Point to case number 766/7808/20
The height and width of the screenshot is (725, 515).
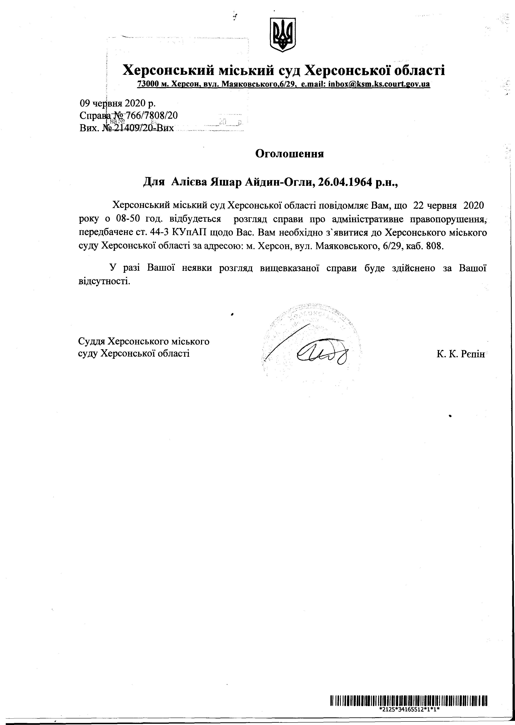152,116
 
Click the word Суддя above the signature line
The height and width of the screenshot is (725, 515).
92,342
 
